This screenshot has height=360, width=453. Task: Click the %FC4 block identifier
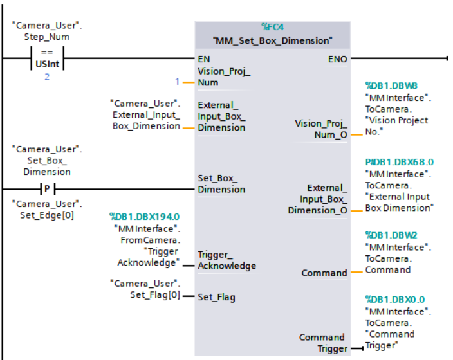pos(273,27)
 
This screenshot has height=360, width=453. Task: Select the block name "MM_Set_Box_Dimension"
pos(273,40)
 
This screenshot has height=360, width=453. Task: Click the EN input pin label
pos(204,59)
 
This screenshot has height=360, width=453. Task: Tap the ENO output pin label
pos(338,59)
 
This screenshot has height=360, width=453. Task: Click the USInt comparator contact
pos(47,62)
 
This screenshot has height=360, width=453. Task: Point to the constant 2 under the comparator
pos(46,77)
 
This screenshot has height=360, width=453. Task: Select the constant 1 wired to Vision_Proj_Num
pos(178,82)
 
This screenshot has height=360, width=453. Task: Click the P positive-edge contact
pos(47,189)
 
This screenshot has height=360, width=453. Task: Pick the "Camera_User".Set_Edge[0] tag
pos(46,210)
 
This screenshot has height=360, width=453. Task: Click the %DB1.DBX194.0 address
pos(144,217)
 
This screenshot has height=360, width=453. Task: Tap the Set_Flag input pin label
pos(216,296)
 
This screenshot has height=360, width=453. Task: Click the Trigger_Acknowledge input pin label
pos(226,260)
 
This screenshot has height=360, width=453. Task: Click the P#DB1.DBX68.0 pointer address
pos(399,162)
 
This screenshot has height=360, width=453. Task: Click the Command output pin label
pos(324,273)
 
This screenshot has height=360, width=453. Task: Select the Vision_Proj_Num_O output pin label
pos(320,129)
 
